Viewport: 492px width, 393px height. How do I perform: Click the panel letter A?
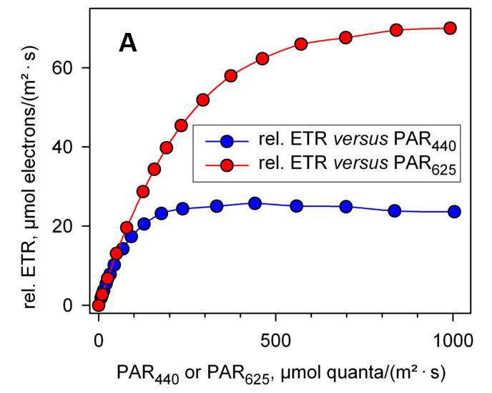[x=128, y=44]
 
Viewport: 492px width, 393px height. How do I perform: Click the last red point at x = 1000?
[x=451, y=28]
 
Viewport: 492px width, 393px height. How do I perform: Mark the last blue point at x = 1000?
[x=453, y=211]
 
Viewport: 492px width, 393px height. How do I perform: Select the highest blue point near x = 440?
[x=255, y=203]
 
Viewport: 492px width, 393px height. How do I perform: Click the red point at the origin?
[x=99, y=305]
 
